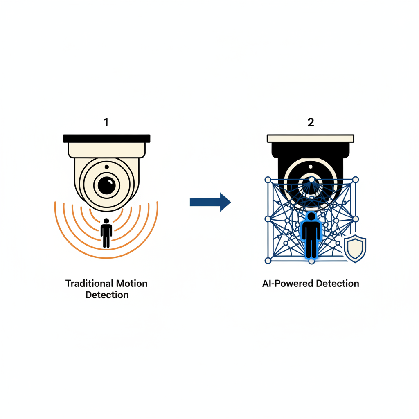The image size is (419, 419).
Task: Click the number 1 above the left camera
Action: pyautogui.click(x=106, y=122)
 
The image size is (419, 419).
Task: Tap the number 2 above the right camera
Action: pyautogui.click(x=311, y=122)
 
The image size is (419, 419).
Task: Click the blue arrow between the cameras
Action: pyautogui.click(x=210, y=202)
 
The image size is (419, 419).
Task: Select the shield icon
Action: pyautogui.click(x=355, y=248)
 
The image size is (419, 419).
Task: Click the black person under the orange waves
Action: pyautogui.click(x=106, y=233)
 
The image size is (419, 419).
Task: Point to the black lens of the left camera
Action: pyautogui.click(x=107, y=185)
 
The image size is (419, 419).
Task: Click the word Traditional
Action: pyautogui.click(x=86, y=283)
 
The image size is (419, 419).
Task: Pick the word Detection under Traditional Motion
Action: pyautogui.click(x=107, y=295)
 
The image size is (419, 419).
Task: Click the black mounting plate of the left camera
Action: pyautogui.click(x=106, y=138)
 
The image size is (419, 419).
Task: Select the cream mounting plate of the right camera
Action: pyautogui.click(x=311, y=138)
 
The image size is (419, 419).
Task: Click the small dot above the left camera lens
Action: pyautogui.click(x=107, y=167)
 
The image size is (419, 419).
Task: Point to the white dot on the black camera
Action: pyautogui.click(x=311, y=167)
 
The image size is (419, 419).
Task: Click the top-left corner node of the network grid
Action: pyautogui.click(x=268, y=180)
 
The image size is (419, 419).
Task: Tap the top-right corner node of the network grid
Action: pyautogui.click(x=355, y=180)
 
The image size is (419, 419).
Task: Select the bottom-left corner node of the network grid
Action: pyautogui.click(x=268, y=261)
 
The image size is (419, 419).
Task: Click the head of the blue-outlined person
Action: pyautogui.click(x=311, y=216)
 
